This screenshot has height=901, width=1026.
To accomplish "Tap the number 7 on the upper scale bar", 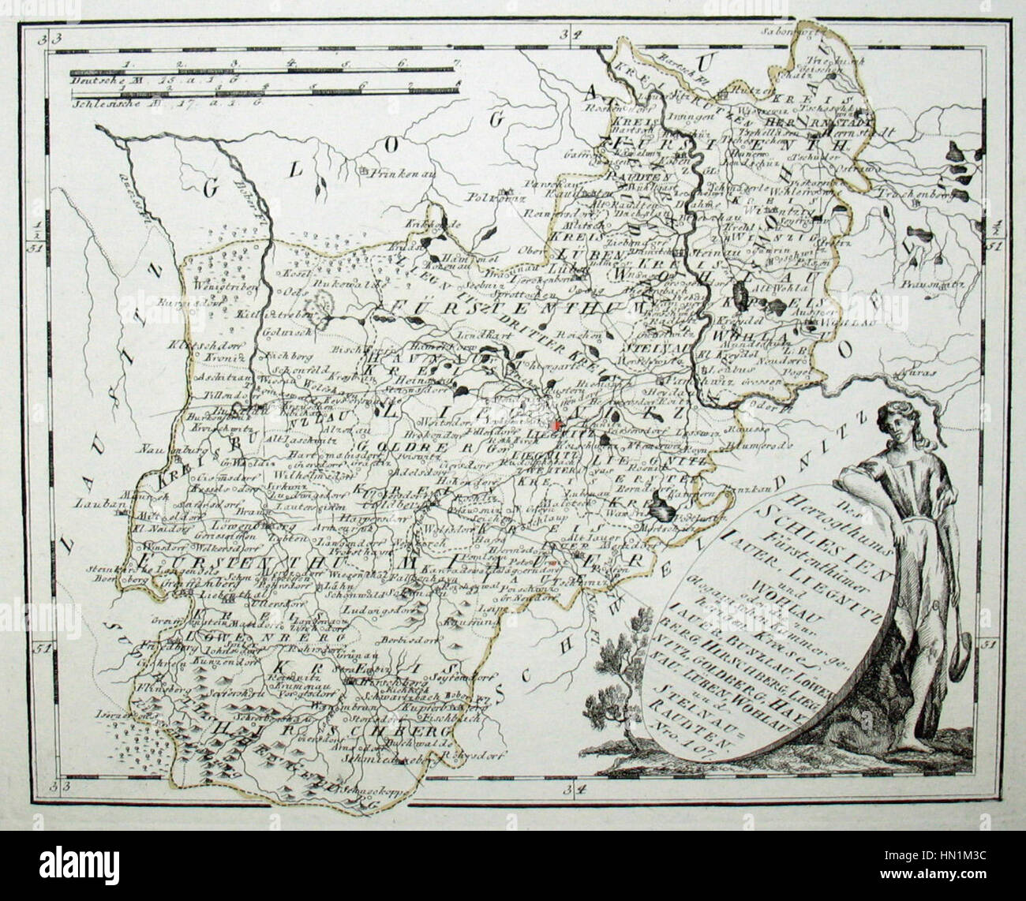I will [x=457, y=62].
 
